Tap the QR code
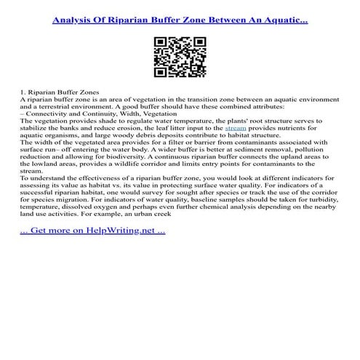[x=180, y=57]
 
